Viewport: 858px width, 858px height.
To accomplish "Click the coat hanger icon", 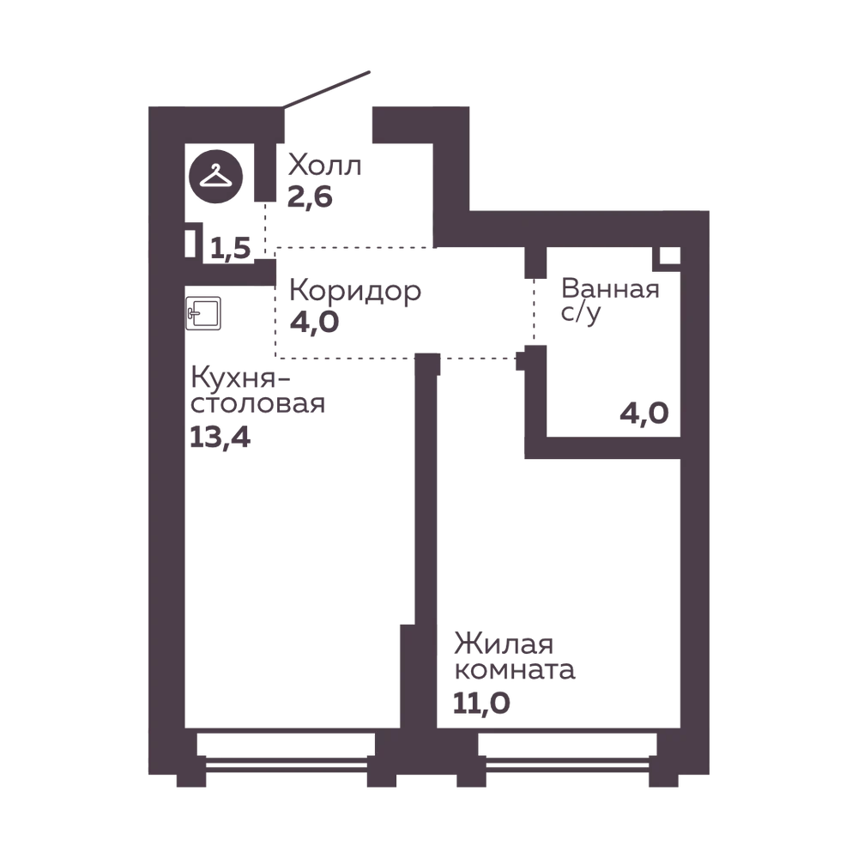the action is pos(215,176).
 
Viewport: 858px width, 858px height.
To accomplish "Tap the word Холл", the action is pos(324,165).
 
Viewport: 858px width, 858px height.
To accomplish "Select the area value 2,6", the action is pos(310,197).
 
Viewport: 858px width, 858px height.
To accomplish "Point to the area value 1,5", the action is pos(230,249).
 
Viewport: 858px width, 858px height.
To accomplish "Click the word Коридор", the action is pos(355,292).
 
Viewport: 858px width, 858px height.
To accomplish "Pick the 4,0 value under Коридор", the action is pos(314,322).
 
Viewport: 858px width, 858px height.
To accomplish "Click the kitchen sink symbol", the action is pos(203,313).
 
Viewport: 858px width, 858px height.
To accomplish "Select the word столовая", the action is pos(257,405).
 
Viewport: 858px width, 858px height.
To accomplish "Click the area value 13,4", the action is pos(220,438).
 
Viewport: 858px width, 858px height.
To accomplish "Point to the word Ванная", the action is pos(610,288).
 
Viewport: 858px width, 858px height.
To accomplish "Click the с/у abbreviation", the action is pos(581,313).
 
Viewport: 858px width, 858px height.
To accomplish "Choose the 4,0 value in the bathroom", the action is pos(644,414).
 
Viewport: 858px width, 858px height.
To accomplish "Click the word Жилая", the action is pos(504,644).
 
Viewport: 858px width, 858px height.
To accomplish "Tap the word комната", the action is pos(515,670).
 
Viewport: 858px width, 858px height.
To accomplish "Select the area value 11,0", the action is pos(481,704).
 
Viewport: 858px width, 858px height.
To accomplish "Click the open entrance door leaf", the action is pos(326,88).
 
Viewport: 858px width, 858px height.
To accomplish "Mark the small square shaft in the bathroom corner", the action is pos(667,257).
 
